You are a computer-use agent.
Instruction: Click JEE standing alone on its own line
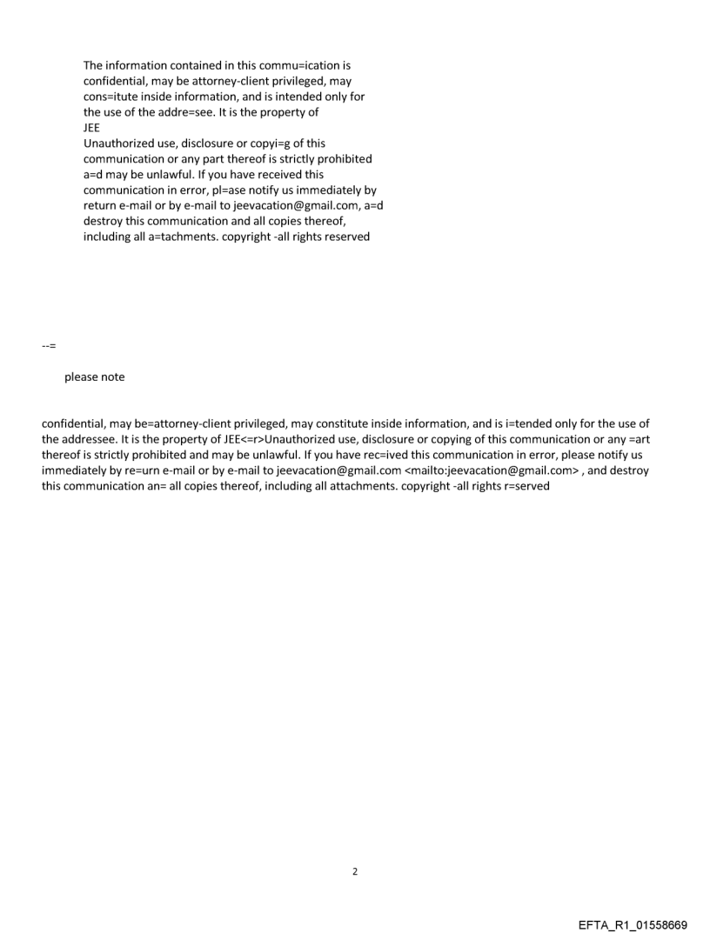[92, 128]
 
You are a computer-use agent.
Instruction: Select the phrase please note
[95, 377]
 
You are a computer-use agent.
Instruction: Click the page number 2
[355, 871]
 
